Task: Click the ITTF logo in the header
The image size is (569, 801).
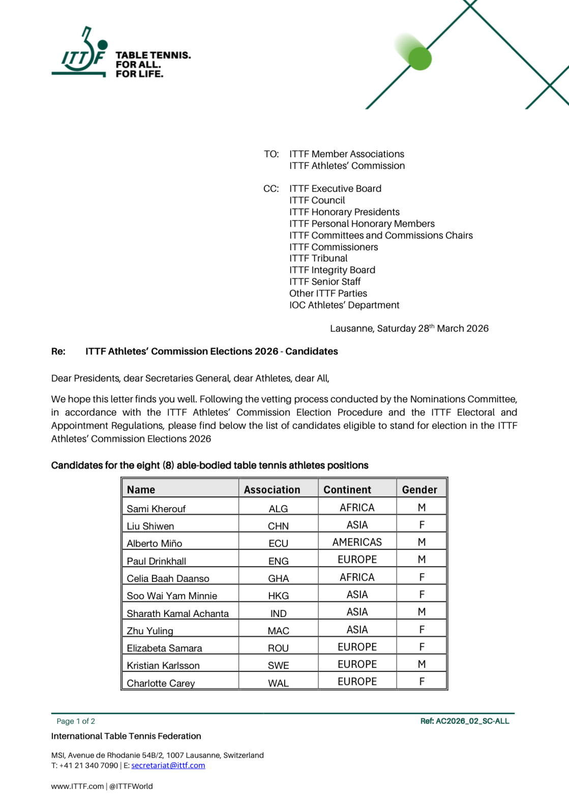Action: tap(81, 55)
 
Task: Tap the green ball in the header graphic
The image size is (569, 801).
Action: tap(420, 58)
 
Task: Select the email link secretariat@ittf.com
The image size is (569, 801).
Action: tap(168, 765)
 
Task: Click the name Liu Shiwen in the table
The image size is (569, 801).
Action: tap(151, 526)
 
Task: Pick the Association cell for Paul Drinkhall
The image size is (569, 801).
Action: tap(278, 561)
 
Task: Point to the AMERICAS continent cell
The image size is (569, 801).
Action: tap(357, 542)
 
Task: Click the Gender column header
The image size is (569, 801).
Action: tap(420, 490)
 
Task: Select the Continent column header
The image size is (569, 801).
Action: tap(347, 490)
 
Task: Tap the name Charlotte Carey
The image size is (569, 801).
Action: tap(161, 683)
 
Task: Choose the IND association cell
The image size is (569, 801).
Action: tap(278, 613)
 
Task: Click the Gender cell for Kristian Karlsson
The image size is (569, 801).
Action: tap(422, 664)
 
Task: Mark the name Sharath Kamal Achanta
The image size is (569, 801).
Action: tap(177, 613)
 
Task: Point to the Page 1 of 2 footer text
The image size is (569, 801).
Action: tap(76, 721)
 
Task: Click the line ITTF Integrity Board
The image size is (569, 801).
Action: tap(332, 270)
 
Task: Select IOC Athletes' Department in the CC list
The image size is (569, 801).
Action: tap(344, 305)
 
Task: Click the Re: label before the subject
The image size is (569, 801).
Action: tap(58, 351)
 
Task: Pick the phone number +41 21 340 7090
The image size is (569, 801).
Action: tap(88, 765)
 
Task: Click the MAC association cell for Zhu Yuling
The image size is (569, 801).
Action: tap(278, 631)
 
